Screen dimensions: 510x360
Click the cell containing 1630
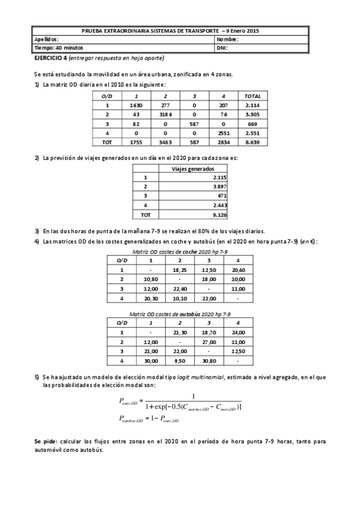(136, 105)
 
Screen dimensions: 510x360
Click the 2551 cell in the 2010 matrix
(222, 132)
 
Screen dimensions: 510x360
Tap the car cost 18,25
(180, 270)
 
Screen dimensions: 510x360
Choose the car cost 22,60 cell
(180, 288)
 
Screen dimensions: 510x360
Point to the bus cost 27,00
(209, 342)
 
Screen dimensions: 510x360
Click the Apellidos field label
(46, 39)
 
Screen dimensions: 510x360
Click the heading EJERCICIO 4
(50, 58)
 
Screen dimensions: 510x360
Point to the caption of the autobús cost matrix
(180, 314)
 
